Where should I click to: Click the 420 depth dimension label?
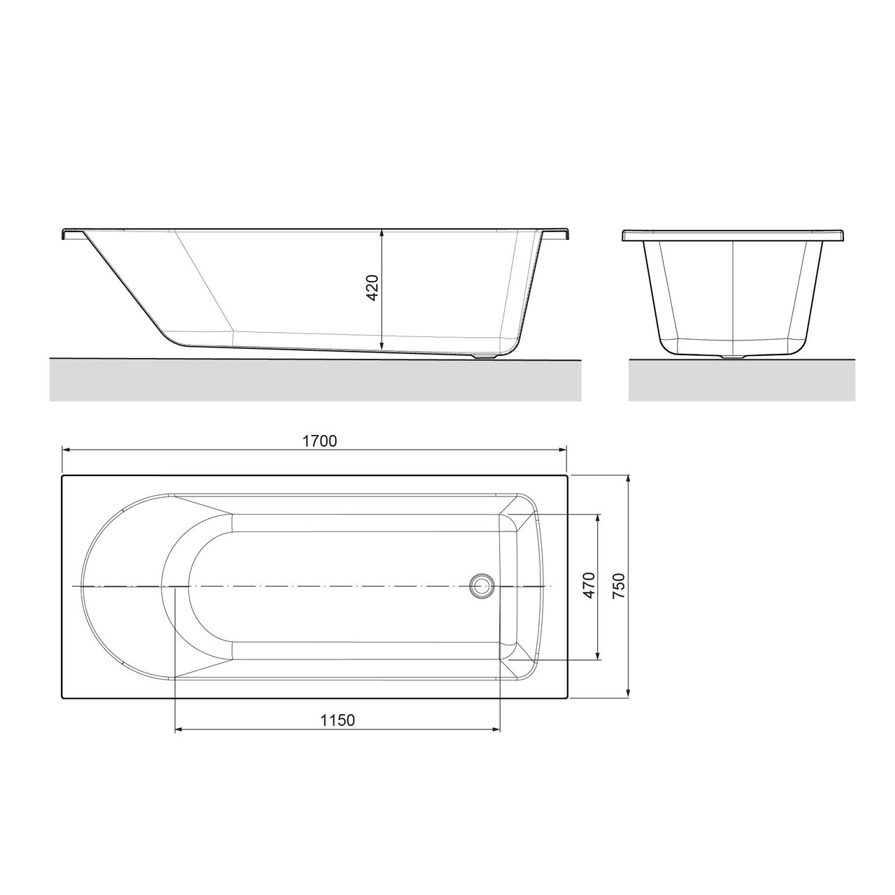[373, 287]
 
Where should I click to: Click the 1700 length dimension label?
[320, 441]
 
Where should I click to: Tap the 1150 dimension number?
[338, 720]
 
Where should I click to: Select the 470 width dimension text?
[589, 585]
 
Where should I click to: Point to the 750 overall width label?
[619, 585]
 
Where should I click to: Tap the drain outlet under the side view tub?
[484, 356]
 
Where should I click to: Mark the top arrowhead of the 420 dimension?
[381, 234]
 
